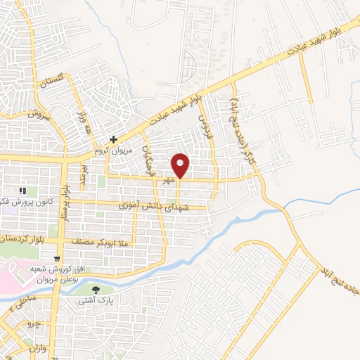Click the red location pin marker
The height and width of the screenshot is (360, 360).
click(181, 165)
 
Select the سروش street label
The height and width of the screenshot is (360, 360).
click(41, 115)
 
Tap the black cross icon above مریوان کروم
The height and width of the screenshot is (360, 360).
click(114, 140)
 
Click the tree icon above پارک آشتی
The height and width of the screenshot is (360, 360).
click(97, 288)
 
